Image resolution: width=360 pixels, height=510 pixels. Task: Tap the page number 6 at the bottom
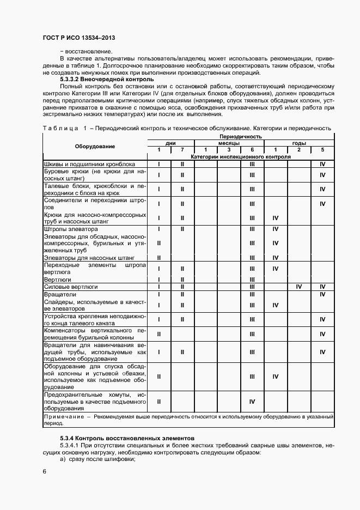pos(44,471)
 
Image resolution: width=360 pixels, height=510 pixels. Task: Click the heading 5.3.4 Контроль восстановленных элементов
pos(123,438)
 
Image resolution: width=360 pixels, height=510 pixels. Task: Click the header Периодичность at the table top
pos(240,136)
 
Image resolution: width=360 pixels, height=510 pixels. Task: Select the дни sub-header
pos(170,143)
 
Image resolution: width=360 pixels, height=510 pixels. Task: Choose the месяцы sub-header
pos(229,143)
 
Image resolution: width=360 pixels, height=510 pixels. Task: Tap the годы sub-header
pos(298,143)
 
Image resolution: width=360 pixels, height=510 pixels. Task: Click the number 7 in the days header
pos(182,150)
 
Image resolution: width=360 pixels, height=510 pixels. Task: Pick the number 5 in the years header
pos(322,150)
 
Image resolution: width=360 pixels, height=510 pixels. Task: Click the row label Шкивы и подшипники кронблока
pos(89,164)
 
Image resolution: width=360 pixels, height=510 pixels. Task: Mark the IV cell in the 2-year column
pos(298,286)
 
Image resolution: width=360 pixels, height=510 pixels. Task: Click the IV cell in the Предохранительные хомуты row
pos(252,402)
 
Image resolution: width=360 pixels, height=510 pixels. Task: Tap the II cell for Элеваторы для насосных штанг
pos(158,258)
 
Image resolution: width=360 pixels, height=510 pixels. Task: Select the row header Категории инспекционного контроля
pos(240,156)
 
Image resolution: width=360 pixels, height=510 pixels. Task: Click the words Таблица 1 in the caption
pos(64,128)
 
